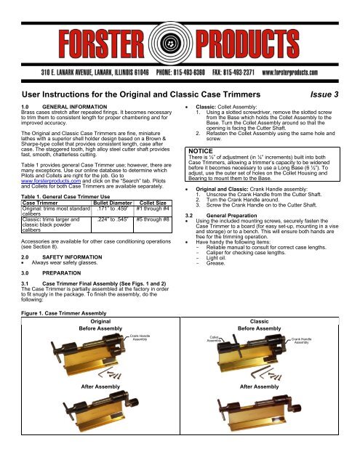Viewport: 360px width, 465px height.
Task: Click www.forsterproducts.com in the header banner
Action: click(x=308, y=73)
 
